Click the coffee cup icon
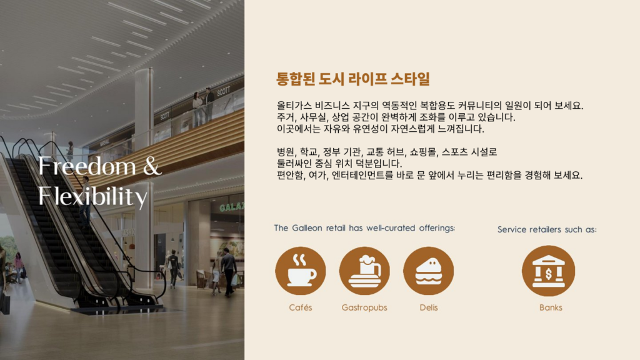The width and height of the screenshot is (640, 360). click(301, 271)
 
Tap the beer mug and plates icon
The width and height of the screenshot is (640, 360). click(364, 271)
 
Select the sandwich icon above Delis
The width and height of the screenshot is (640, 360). click(429, 271)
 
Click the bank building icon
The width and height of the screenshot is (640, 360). click(548, 271)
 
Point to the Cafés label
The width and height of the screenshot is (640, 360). click(301, 307)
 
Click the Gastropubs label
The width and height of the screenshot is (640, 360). click(364, 307)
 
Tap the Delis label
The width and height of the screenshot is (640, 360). click(429, 307)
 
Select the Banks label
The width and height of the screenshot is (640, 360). click(551, 307)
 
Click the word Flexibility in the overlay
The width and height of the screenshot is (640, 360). click(92, 196)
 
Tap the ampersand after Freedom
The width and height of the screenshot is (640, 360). click(152, 167)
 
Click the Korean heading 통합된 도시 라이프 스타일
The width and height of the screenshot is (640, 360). click(353, 79)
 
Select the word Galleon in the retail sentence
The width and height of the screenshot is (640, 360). click(307, 228)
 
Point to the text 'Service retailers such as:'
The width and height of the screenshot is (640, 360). click(547, 229)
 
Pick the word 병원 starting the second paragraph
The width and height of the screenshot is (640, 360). click(286, 152)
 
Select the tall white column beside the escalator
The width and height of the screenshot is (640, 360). click(143, 125)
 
